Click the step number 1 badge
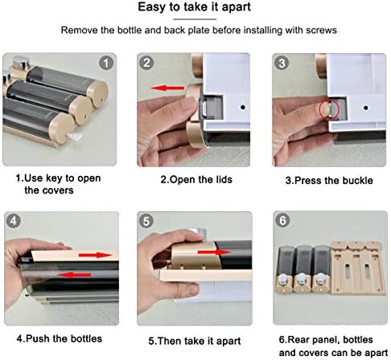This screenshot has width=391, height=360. pos(106,63)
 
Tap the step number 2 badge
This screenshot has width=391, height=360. pos(146,63)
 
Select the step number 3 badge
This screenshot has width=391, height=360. pos(282,63)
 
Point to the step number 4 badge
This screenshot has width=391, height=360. pos(13,221)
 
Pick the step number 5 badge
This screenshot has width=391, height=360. pos(146,221)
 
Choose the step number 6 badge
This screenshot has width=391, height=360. pos(282,220)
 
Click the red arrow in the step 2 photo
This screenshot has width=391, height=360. pos(167,88)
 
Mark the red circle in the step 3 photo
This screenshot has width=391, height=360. pos(330,109)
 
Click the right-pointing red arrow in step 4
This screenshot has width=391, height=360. pos(96,255)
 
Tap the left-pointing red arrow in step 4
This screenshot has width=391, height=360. pos(74,275)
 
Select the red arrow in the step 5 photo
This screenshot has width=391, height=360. pos(214,252)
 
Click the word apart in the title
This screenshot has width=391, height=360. pos(237,7)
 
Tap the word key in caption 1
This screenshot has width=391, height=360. pos(56,178)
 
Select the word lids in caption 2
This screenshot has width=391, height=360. pos(224,179)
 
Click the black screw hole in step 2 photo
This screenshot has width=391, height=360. pos(243,107)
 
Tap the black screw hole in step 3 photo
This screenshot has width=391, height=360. pos(365,108)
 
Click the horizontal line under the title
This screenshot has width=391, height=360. pos(195,19)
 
